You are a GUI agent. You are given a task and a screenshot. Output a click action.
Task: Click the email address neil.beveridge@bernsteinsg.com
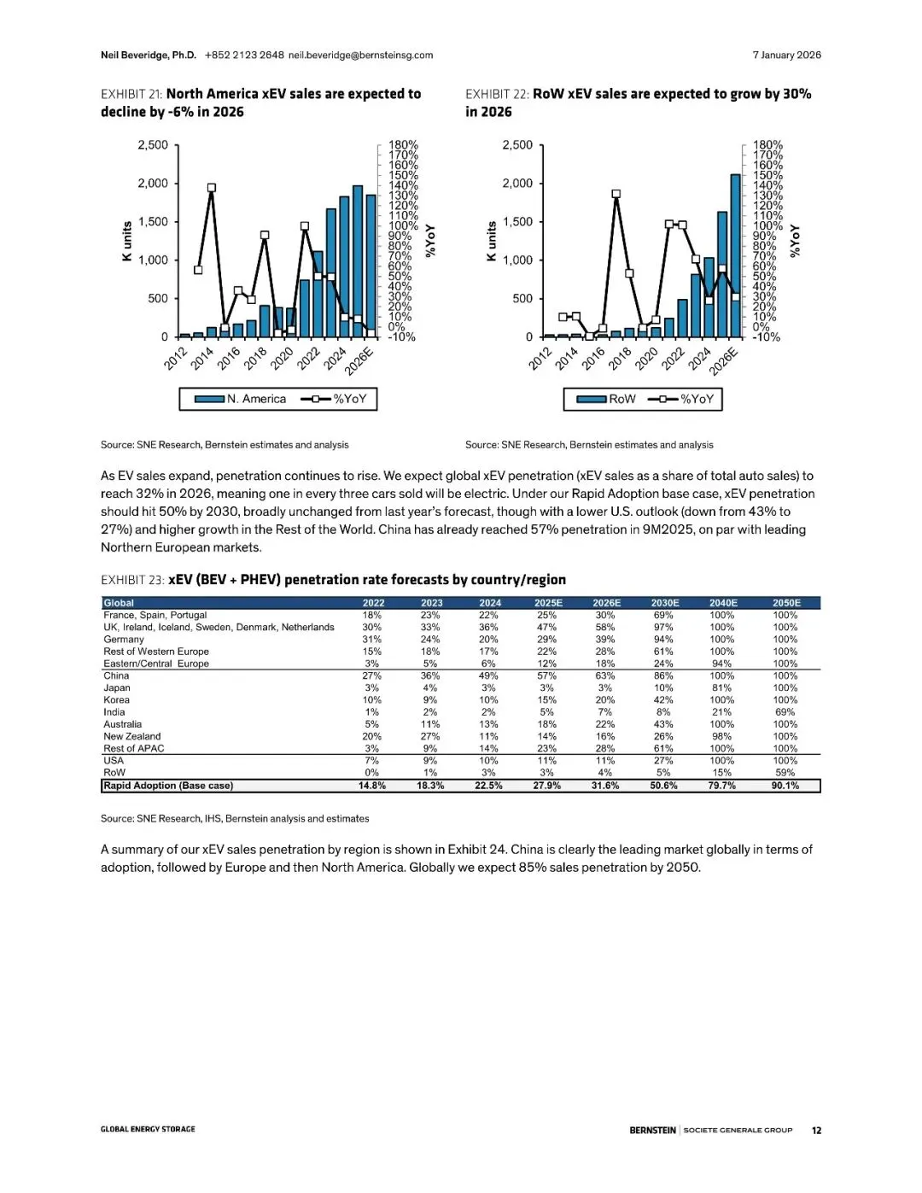point(360,56)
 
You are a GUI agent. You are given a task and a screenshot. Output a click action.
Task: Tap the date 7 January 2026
point(786,56)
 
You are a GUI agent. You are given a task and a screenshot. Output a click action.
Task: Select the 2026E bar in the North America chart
point(371,266)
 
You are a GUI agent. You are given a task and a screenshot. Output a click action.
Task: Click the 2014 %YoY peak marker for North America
point(212,188)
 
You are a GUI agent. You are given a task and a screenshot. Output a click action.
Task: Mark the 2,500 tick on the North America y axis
point(153,145)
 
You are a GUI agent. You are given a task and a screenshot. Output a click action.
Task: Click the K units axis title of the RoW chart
point(491,241)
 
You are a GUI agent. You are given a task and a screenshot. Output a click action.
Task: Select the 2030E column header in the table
point(665,603)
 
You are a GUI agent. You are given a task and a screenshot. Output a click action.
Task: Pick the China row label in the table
point(116,675)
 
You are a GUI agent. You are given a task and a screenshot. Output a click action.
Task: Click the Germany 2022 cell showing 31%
point(372,640)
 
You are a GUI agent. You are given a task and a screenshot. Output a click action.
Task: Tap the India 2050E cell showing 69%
point(785,712)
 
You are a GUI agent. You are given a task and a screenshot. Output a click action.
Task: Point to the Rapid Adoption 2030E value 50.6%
point(663,786)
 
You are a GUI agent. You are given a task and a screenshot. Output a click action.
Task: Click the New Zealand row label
point(132,736)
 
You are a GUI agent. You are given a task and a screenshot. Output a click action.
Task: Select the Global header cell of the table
point(119,603)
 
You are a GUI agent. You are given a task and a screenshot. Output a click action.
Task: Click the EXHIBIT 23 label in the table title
point(131,580)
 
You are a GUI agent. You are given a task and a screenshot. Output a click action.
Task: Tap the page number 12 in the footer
point(816,1130)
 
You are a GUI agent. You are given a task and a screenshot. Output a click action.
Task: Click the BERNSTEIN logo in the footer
point(652,1130)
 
